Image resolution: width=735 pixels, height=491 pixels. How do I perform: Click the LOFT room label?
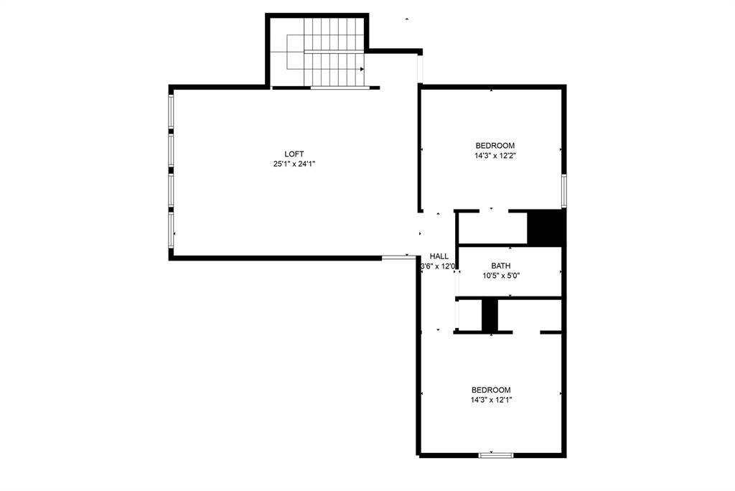click(294, 154)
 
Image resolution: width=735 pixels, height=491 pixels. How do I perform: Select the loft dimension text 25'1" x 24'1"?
click(294, 164)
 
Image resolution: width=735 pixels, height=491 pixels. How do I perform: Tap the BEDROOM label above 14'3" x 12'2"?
click(495, 146)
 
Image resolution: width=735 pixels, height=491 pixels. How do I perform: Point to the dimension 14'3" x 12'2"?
click(495, 155)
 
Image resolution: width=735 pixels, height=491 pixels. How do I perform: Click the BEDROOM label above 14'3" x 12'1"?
click(491, 390)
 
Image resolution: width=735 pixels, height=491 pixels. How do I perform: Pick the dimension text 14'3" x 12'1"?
click(491, 400)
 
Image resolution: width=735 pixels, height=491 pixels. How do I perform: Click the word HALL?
click(439, 256)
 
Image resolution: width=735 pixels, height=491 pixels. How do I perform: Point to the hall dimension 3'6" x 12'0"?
click(439, 266)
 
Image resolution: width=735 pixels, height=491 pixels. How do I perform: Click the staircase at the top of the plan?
click(327, 52)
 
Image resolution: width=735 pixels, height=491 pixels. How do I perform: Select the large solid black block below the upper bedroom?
click(546, 228)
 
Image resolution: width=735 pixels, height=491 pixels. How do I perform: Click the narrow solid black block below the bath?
click(490, 315)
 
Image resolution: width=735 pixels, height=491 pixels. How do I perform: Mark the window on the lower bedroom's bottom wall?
click(496, 454)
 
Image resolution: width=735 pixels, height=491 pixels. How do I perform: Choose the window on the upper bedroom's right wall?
click(564, 190)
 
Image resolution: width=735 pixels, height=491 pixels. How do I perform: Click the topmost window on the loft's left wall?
click(171, 112)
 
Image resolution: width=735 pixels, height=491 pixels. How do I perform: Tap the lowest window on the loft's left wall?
click(171, 230)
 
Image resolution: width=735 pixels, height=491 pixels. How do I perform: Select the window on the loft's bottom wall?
click(395, 257)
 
